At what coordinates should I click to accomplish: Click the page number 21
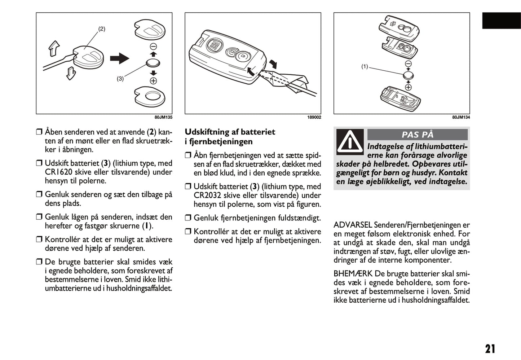[x=490, y=349]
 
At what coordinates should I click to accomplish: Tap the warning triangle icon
[x=350, y=142]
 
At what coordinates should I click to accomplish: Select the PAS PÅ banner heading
[x=417, y=135]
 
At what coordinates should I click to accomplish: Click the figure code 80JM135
[x=163, y=117]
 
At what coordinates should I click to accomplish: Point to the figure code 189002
[x=314, y=117]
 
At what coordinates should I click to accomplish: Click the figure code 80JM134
[x=461, y=117]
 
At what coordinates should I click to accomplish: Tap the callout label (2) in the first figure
[x=102, y=29]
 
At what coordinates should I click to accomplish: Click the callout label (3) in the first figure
[x=120, y=79]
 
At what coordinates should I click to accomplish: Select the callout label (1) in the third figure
[x=365, y=66]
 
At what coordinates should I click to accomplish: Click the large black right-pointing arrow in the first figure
[x=119, y=58]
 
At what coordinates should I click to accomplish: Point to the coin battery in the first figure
[x=153, y=63]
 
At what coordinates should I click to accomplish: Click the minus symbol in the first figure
[x=153, y=47]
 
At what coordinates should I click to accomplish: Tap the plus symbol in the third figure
[x=408, y=87]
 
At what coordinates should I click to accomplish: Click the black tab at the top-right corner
[x=501, y=21]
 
